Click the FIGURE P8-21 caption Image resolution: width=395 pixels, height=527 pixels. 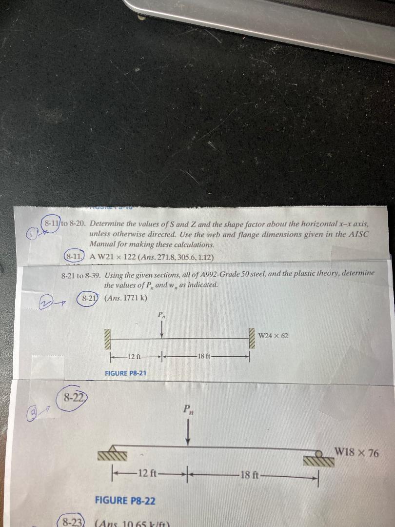126,373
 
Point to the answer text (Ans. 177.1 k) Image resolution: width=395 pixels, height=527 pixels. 126,298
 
